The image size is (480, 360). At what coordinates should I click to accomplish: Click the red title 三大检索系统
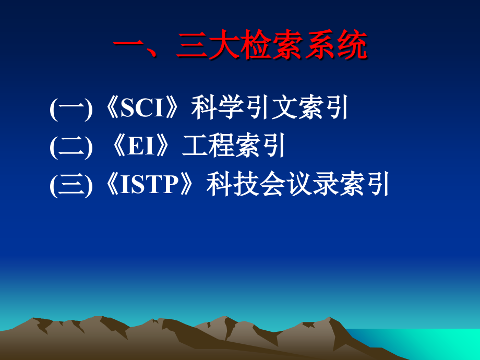[x=271, y=46]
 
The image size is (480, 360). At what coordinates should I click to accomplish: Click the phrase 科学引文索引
[x=269, y=109]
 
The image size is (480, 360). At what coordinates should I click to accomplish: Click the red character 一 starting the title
[x=128, y=46]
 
